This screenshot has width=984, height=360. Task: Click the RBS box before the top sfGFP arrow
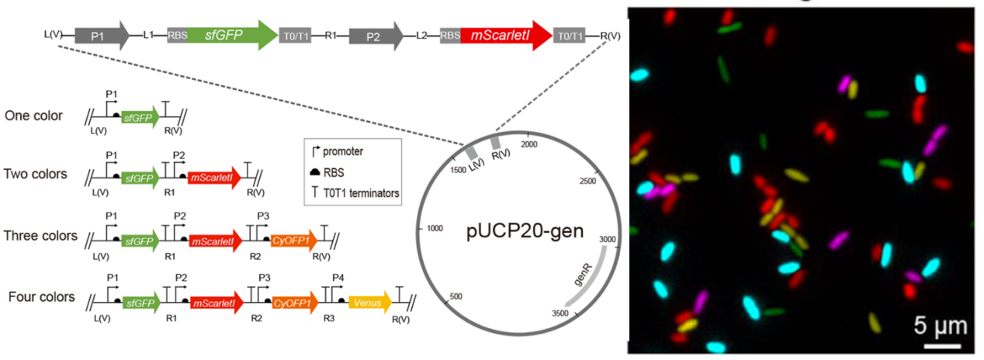click(x=177, y=35)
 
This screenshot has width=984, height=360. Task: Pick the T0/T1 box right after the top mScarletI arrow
click(x=570, y=35)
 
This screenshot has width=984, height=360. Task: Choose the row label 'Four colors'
click(x=40, y=296)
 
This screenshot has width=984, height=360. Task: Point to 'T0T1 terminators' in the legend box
click(x=365, y=193)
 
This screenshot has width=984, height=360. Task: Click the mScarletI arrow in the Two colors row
click(x=214, y=178)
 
